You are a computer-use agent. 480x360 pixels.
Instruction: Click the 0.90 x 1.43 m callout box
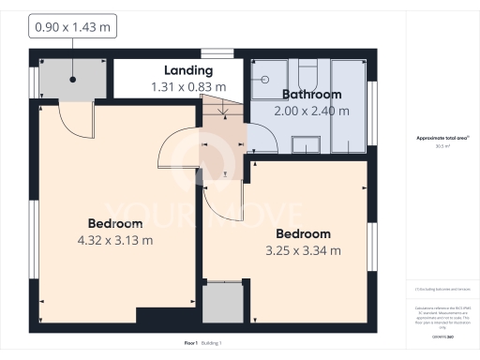pyautogui.click(x=72, y=28)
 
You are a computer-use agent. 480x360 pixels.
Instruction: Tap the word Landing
pyautogui.click(x=187, y=70)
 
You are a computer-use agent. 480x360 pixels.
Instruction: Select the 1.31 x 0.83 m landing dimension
pyautogui.click(x=187, y=86)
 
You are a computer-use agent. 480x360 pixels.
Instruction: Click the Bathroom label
pyautogui.click(x=310, y=95)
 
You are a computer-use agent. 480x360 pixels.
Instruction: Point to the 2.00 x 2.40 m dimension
pyautogui.click(x=310, y=111)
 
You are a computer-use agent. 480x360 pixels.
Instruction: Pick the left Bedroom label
pyautogui.click(x=115, y=223)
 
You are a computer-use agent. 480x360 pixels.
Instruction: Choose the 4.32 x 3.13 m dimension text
pyautogui.click(x=115, y=240)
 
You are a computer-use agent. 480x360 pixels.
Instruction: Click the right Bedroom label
pyautogui.click(x=303, y=233)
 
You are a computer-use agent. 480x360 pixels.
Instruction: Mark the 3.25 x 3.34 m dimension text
pyautogui.click(x=303, y=250)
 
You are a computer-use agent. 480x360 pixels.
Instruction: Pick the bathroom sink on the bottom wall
pyautogui.click(x=306, y=143)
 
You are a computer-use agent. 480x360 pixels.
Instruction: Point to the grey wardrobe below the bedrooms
pyautogui.click(x=223, y=302)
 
